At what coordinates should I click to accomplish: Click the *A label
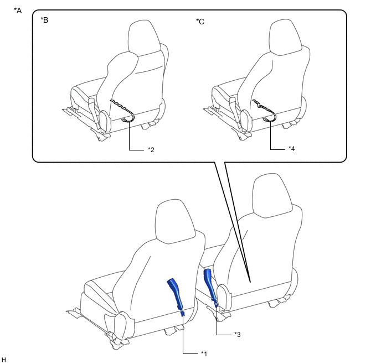18,11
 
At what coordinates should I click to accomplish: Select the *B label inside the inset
44,20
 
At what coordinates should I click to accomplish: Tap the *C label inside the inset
200,22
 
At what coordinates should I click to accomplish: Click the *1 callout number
204,354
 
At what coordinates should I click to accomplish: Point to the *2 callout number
151,150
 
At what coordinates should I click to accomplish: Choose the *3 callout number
237,334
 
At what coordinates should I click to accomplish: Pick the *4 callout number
292,148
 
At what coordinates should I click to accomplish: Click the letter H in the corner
4,360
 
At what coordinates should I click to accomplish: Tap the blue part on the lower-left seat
176,296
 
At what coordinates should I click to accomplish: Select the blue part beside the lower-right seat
210,287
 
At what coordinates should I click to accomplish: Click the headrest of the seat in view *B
144,39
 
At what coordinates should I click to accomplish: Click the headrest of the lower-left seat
175,221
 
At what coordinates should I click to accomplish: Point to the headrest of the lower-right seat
272,195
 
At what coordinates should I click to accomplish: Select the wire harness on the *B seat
123,111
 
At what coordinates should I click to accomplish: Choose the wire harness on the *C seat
265,111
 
